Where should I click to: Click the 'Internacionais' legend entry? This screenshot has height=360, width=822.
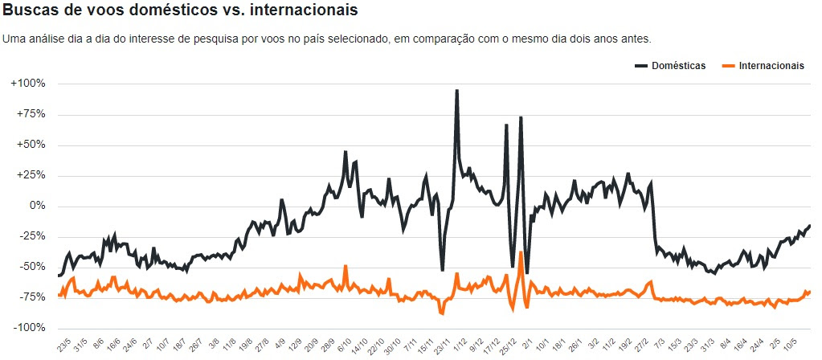(x=771, y=66)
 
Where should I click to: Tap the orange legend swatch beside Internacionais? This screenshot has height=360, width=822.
(x=728, y=66)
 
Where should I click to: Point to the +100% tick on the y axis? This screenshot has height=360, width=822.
(x=29, y=84)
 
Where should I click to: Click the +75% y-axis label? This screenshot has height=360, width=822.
(x=31, y=114)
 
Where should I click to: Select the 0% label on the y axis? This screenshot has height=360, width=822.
(x=37, y=206)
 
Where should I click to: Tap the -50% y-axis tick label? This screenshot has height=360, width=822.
(x=31, y=267)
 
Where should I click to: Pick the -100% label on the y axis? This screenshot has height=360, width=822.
(x=29, y=328)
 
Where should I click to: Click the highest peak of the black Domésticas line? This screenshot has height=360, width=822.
(x=457, y=91)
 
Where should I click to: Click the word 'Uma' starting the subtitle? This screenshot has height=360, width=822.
(x=14, y=39)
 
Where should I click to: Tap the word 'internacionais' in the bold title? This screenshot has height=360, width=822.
(x=309, y=11)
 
